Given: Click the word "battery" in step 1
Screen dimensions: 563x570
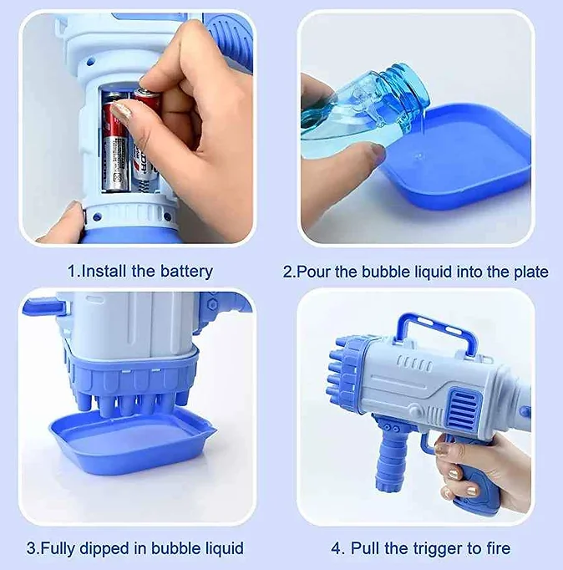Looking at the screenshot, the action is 186,272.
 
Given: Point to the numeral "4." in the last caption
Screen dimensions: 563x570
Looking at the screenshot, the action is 337,548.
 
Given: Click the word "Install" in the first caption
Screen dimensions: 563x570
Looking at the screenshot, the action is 104,271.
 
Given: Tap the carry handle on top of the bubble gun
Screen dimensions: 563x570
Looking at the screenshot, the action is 436,331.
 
